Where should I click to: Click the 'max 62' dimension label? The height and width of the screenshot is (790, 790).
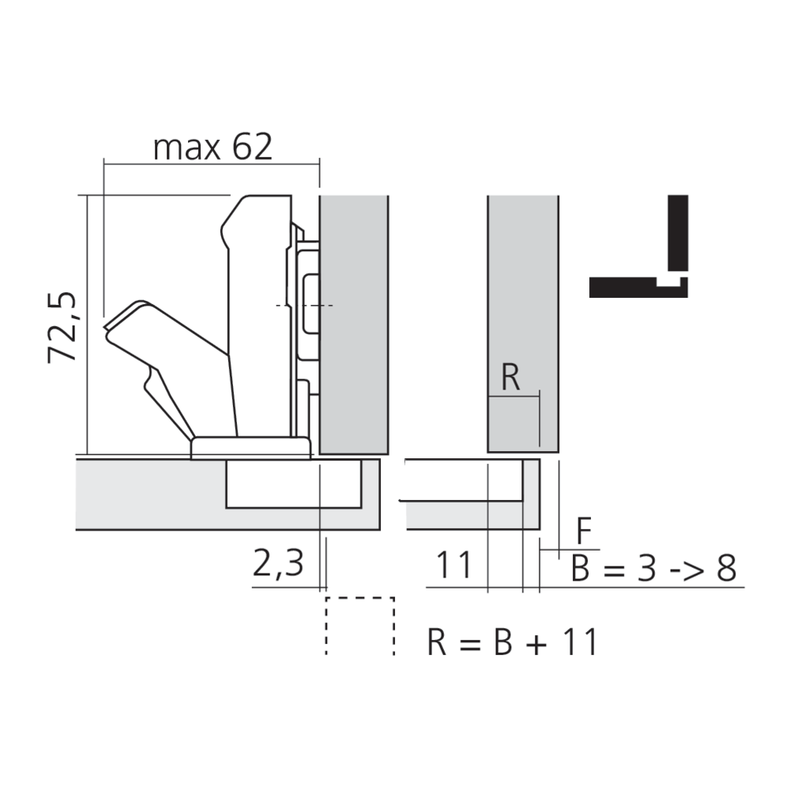[x=213, y=147]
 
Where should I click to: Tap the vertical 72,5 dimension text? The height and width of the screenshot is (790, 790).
[x=62, y=327]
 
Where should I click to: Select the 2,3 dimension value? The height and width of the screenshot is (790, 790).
[x=278, y=564]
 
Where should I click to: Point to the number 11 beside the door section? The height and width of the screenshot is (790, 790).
[x=454, y=565]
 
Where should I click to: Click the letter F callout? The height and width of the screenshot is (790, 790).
[x=584, y=531]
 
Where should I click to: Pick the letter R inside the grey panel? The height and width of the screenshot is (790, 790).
[x=510, y=378]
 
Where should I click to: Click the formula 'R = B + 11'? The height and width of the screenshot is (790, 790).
[x=513, y=641]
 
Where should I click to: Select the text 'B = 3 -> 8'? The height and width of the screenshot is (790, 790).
[x=654, y=568]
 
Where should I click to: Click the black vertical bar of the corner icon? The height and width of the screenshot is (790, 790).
[x=678, y=233]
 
